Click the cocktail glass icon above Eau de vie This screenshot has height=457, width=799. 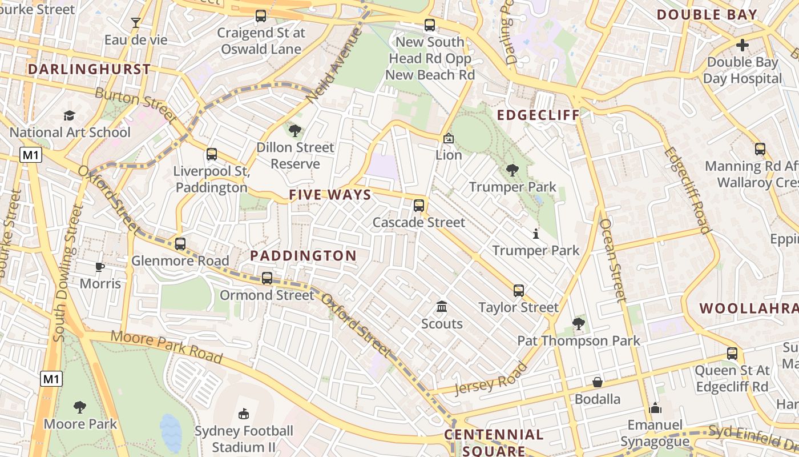[x=135, y=23]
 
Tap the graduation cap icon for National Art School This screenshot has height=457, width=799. [x=70, y=116]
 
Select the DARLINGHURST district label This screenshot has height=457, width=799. [x=89, y=70]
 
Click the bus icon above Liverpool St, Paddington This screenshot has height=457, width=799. [x=212, y=154]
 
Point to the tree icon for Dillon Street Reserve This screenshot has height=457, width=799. [x=295, y=131]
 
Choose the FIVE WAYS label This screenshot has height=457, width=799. [x=330, y=195]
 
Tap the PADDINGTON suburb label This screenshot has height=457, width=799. [x=303, y=256]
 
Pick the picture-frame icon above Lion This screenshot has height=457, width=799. [x=449, y=138]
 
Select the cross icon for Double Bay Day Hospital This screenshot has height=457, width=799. [x=742, y=45]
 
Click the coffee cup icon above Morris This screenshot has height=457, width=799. [x=100, y=267]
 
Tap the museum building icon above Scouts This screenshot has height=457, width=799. [x=442, y=307]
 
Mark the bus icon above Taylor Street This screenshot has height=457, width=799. [x=518, y=291]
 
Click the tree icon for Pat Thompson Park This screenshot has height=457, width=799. [x=579, y=324]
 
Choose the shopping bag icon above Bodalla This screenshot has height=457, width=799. [x=598, y=382]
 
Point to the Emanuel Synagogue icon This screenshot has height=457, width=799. [x=655, y=408]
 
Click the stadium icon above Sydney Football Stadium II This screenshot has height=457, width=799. [x=244, y=413]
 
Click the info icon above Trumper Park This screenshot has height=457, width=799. [x=535, y=234]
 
